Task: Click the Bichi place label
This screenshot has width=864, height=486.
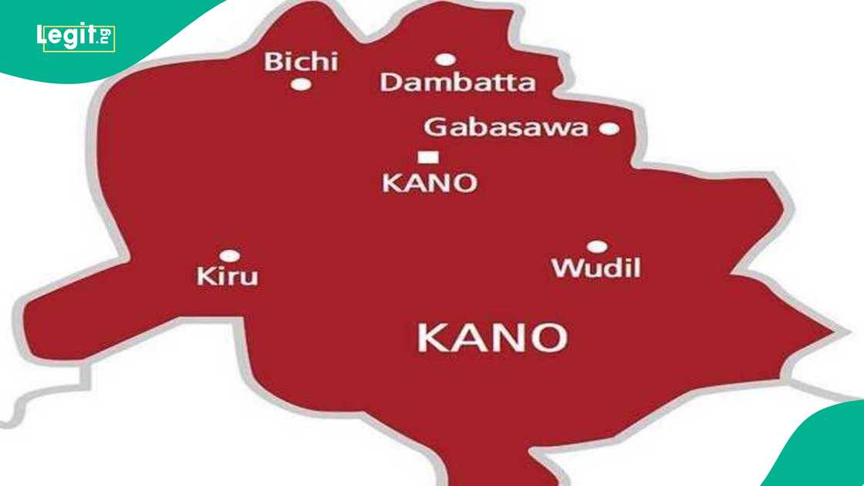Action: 301,61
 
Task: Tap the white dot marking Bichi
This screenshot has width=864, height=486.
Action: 301,84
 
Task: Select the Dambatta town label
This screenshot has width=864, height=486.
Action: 457,83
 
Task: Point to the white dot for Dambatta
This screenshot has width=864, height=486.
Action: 445,59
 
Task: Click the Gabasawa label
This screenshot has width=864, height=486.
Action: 506,127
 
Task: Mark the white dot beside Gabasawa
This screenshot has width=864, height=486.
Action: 609,129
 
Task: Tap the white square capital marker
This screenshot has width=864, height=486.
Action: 428,157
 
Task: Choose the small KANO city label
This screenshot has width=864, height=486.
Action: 430,183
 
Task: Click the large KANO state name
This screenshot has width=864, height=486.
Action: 492,338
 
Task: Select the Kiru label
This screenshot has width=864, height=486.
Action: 227,276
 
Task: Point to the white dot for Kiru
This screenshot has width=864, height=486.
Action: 229,255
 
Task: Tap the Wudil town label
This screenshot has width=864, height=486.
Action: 596,268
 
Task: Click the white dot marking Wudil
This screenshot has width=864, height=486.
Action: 597,247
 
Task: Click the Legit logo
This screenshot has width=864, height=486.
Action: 76,37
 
